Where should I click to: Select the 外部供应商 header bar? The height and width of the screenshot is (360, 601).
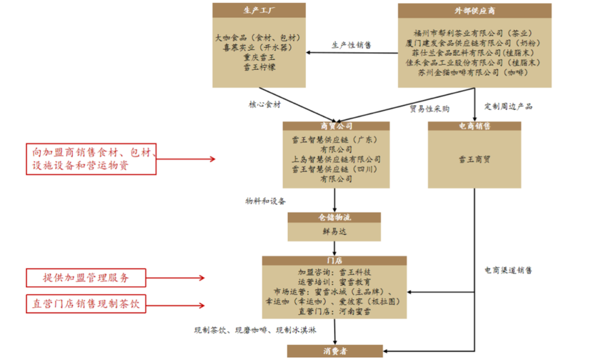pyautogui.click(x=474, y=10)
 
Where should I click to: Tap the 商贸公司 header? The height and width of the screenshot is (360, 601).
pyautogui.click(x=336, y=127)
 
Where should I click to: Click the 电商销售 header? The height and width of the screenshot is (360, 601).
pyautogui.click(x=474, y=127)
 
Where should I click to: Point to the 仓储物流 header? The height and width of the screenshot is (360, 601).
pyautogui.click(x=334, y=218)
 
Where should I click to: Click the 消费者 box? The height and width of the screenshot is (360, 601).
pyautogui.click(x=334, y=351)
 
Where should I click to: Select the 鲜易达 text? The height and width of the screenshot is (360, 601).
pyautogui.click(x=334, y=231)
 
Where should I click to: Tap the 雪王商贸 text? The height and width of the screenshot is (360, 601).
pyautogui.click(x=474, y=160)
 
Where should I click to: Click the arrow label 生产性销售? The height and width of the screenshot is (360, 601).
pyautogui.click(x=352, y=45)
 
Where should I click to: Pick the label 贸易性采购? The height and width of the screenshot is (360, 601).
pyautogui.click(x=430, y=108)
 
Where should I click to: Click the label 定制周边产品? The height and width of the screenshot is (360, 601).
pyautogui.click(x=508, y=106)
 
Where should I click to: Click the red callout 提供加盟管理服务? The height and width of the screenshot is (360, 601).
pyautogui.click(x=86, y=278)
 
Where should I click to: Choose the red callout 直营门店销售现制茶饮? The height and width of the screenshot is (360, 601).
pyautogui.click(x=86, y=304)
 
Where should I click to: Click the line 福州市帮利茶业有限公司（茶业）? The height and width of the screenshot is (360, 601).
pyautogui.click(x=474, y=33)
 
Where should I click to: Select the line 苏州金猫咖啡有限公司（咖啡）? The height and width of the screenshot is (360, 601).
pyautogui.click(x=474, y=72)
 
